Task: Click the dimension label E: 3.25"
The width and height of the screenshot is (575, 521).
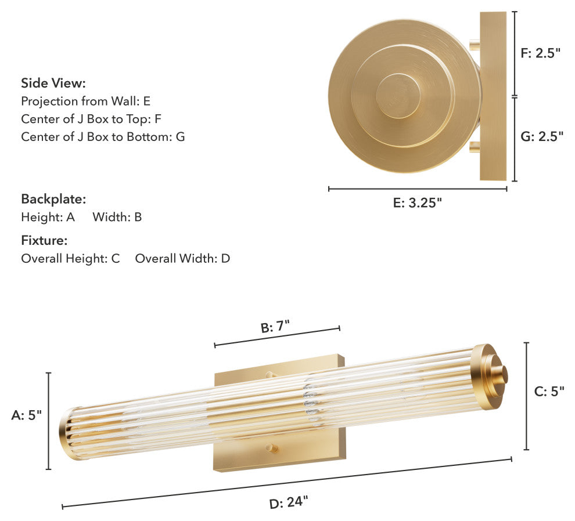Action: point(417,202)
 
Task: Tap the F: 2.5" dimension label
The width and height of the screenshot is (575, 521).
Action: point(541,53)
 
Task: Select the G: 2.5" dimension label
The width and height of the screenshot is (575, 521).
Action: point(542,137)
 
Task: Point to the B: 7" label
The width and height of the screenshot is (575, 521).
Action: point(275,327)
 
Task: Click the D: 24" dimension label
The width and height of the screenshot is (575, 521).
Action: point(289,502)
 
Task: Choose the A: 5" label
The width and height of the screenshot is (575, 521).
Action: point(26,415)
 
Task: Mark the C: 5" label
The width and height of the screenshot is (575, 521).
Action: point(549,392)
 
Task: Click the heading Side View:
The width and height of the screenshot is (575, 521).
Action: point(53,83)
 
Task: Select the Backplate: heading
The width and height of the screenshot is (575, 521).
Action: point(53,199)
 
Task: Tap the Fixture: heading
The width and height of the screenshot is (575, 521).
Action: point(44,240)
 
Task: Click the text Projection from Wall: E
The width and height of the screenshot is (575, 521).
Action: point(85,101)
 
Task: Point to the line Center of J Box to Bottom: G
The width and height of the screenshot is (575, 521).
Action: point(103,137)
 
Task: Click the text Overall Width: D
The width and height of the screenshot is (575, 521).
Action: point(182,258)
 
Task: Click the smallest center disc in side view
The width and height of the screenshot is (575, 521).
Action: point(398,96)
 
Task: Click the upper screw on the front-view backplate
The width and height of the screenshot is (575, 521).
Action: point(269,375)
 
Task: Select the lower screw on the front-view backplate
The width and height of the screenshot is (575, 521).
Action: point(269,448)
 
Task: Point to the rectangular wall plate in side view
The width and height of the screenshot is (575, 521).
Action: point(493,96)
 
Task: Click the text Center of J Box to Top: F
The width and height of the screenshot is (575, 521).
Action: point(91,119)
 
